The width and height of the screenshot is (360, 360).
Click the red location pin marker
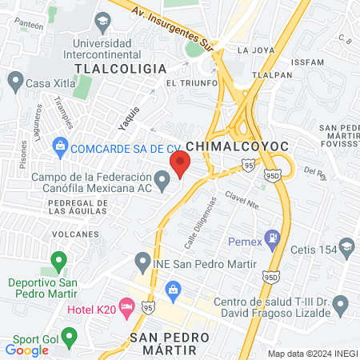point(180,165)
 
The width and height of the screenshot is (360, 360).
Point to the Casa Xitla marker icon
point(15,81)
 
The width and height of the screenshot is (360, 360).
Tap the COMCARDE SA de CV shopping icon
point(59,147)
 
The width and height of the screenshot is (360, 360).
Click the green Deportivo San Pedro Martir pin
point(58,261)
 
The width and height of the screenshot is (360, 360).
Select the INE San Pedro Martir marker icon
point(143,261)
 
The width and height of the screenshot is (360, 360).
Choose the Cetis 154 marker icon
point(346,246)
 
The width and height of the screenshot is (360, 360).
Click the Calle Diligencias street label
point(202,222)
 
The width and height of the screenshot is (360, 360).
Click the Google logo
point(26,350)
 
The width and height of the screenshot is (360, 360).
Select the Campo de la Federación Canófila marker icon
point(163,185)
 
